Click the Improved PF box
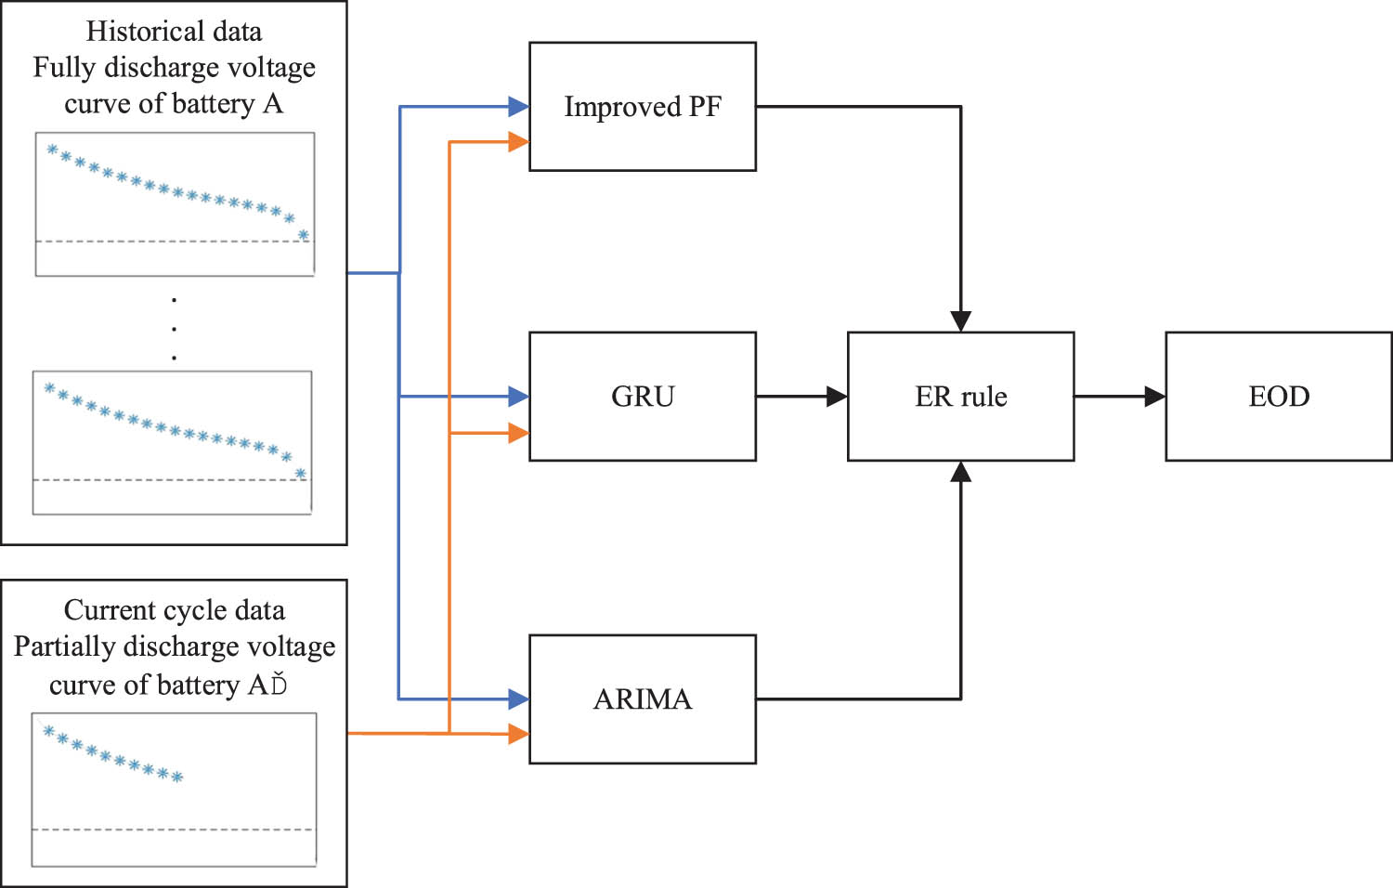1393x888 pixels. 642,107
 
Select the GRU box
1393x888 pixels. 642,397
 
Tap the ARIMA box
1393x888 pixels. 642,699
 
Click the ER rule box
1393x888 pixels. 960,397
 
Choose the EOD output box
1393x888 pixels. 1279,397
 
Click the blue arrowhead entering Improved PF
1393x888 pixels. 518,107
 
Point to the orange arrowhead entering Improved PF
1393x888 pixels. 518,142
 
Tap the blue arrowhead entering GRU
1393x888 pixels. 518,397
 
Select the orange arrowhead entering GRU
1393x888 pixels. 518,433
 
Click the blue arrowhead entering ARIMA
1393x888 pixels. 518,699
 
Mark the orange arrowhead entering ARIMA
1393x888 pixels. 518,734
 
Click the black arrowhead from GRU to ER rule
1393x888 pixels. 837,397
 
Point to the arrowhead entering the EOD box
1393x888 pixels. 1154,397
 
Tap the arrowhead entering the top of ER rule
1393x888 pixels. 960,321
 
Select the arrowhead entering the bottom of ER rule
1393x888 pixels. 960,472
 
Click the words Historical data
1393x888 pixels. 174,32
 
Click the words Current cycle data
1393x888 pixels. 174,610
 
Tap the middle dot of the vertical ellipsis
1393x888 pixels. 174,328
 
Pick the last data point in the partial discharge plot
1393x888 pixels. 177,777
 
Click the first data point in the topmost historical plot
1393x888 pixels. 52,150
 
